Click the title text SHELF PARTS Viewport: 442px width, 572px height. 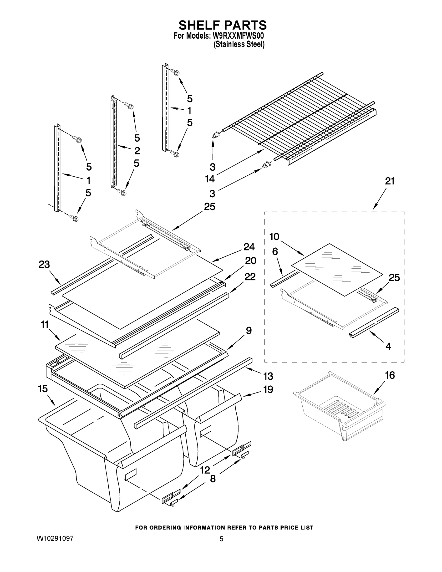222,26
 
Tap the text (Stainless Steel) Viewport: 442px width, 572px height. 239,45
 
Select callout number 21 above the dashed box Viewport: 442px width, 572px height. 389,181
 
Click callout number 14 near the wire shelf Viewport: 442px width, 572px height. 210,179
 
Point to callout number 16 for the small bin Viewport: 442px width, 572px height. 390,375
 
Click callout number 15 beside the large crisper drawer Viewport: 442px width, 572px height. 43,389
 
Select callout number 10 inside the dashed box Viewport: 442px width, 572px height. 274,237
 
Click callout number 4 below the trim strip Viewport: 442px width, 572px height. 388,347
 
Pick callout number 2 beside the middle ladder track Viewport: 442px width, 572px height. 137,151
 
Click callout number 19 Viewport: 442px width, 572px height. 268,389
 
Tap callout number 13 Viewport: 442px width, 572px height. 268,376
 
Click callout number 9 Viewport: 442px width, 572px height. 249,331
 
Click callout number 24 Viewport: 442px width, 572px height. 249,247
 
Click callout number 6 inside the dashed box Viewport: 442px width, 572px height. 275,252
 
